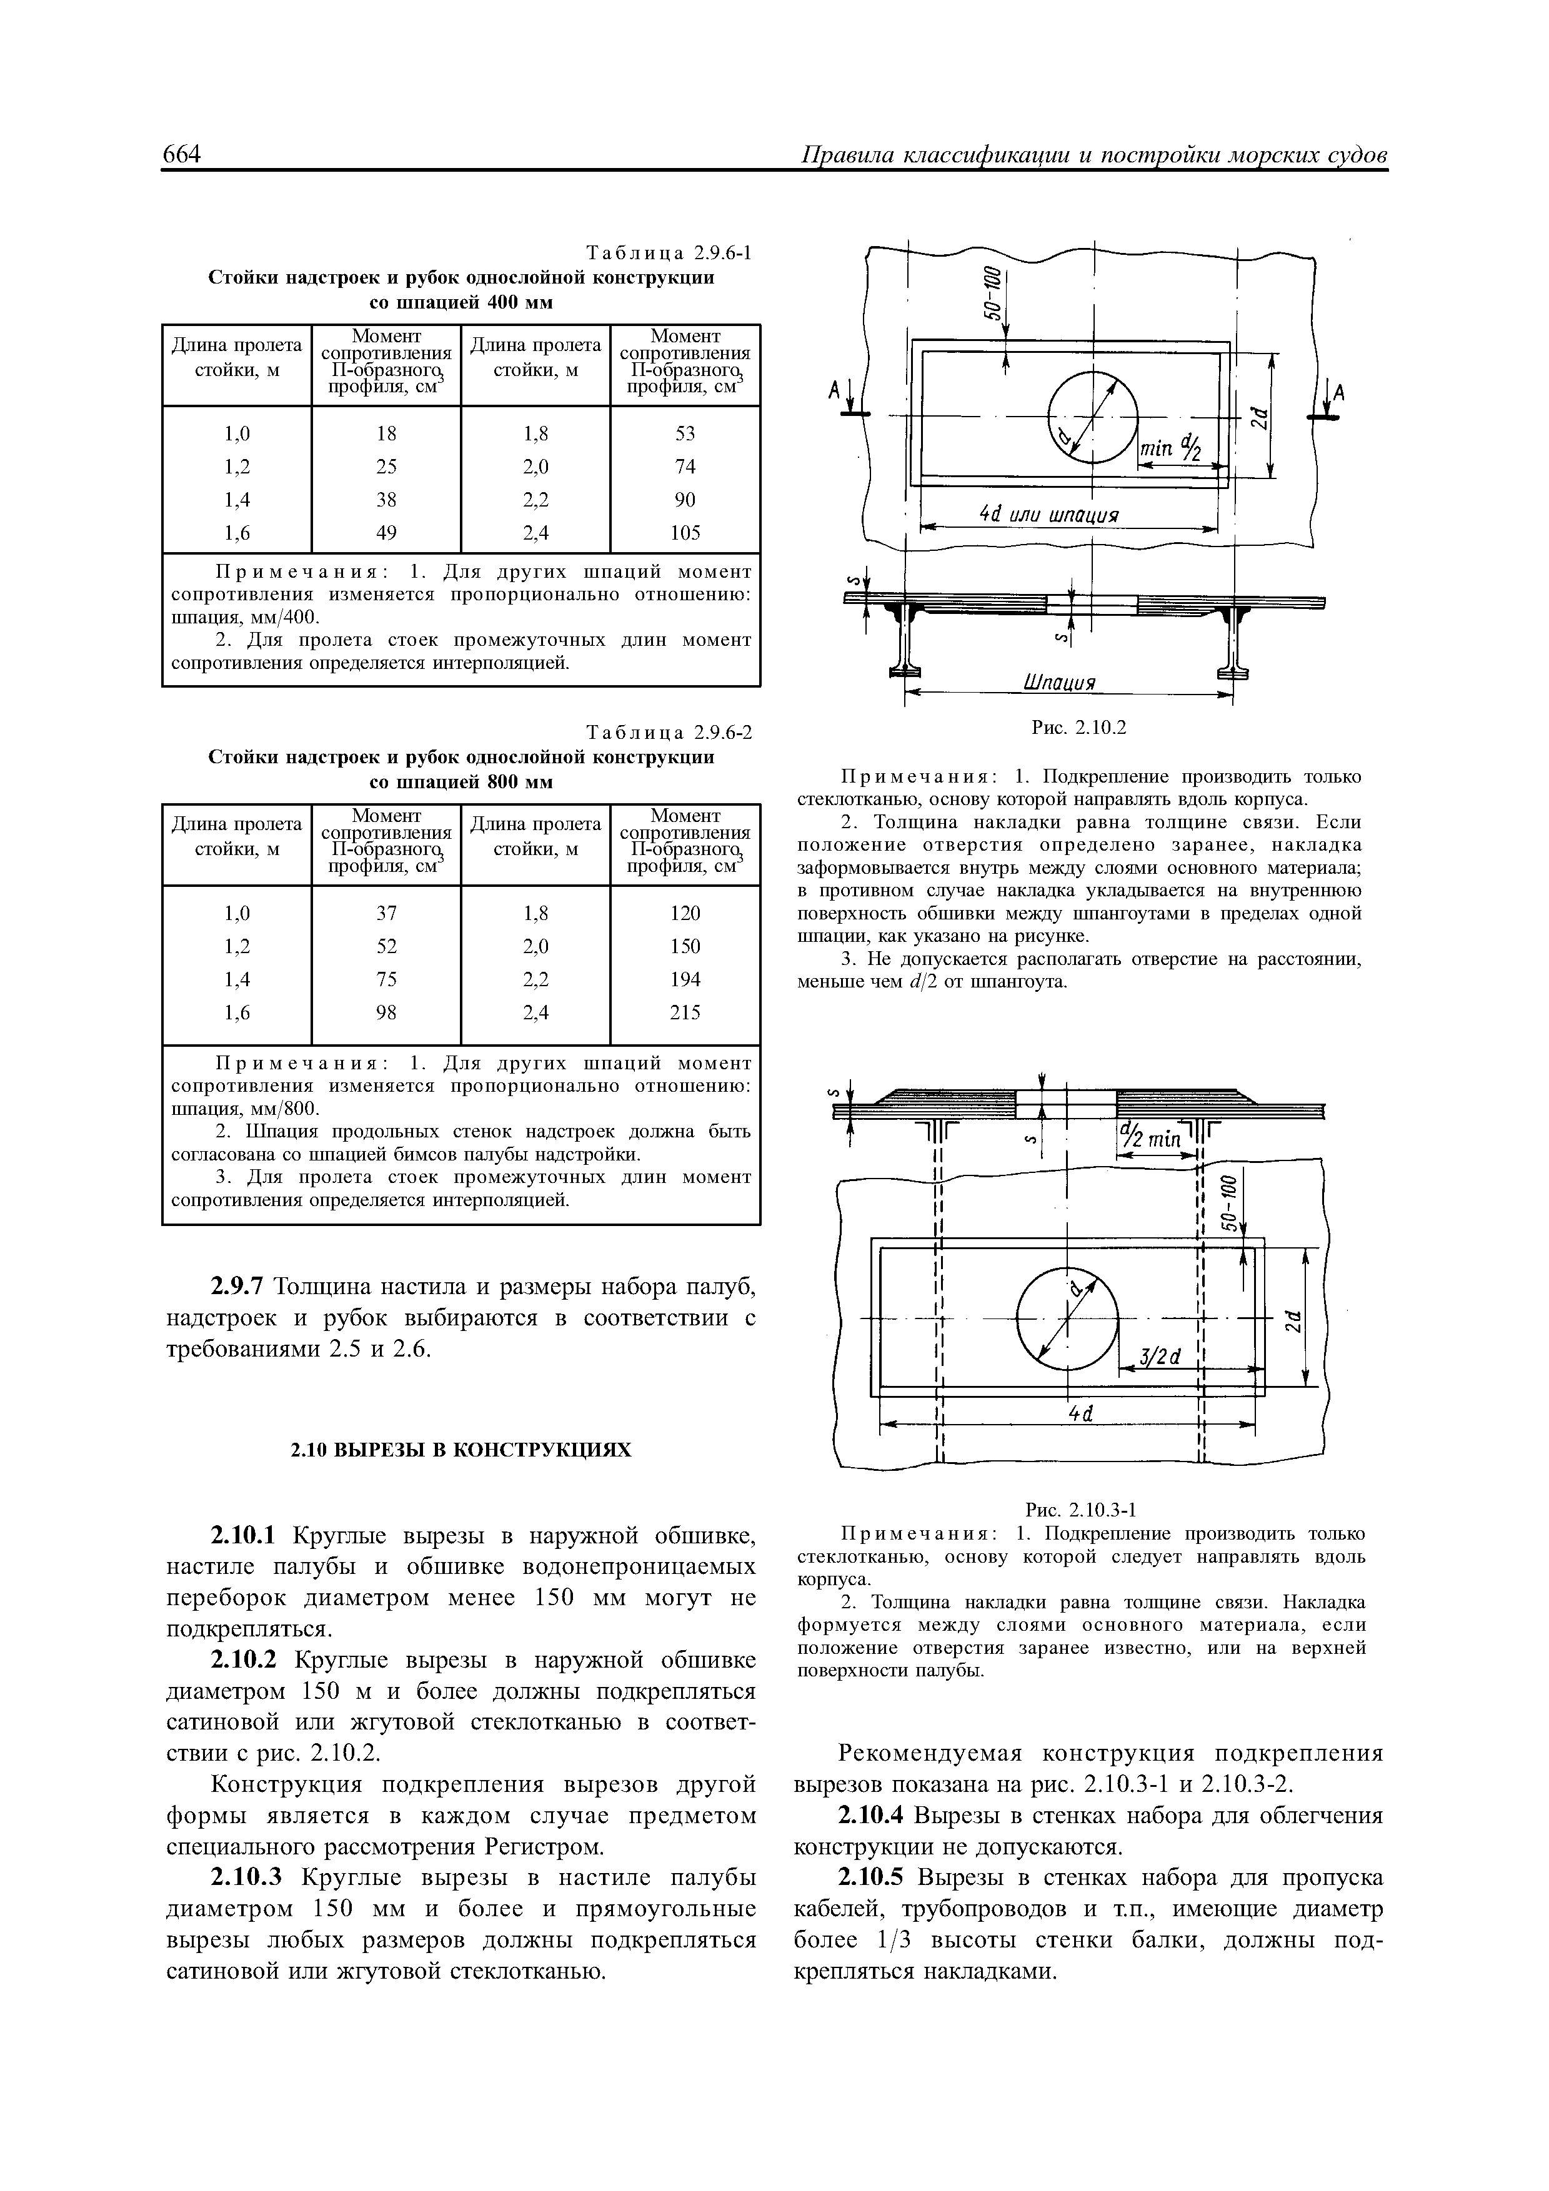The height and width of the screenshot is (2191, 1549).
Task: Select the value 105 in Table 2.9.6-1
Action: tap(685, 533)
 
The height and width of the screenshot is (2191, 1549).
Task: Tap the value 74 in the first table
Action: tap(685, 467)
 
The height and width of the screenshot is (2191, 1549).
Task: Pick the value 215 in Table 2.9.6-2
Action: tap(685, 1012)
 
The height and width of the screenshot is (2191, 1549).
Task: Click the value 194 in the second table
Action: tap(685, 979)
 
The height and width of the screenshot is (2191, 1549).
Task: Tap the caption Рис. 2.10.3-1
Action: tap(1080, 1509)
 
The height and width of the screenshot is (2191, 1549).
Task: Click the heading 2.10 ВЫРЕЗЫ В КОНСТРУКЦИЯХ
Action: tap(461, 1450)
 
